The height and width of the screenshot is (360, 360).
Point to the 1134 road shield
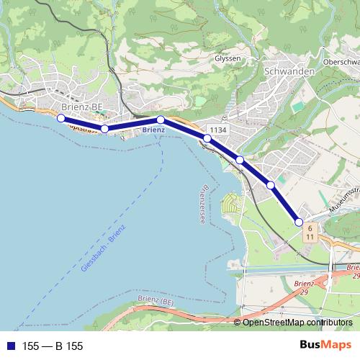pos(219,130)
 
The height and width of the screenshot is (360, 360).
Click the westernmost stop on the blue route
pos(60,118)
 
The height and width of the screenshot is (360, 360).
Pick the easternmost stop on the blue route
pos(299,222)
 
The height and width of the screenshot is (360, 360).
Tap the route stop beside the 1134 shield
pos(207,138)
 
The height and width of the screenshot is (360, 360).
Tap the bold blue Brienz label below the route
pos(153,130)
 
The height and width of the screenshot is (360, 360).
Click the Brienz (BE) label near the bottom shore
pos(156,300)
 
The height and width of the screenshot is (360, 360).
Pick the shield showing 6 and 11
pos(308,231)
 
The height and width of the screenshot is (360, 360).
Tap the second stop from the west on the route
pos(104,129)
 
